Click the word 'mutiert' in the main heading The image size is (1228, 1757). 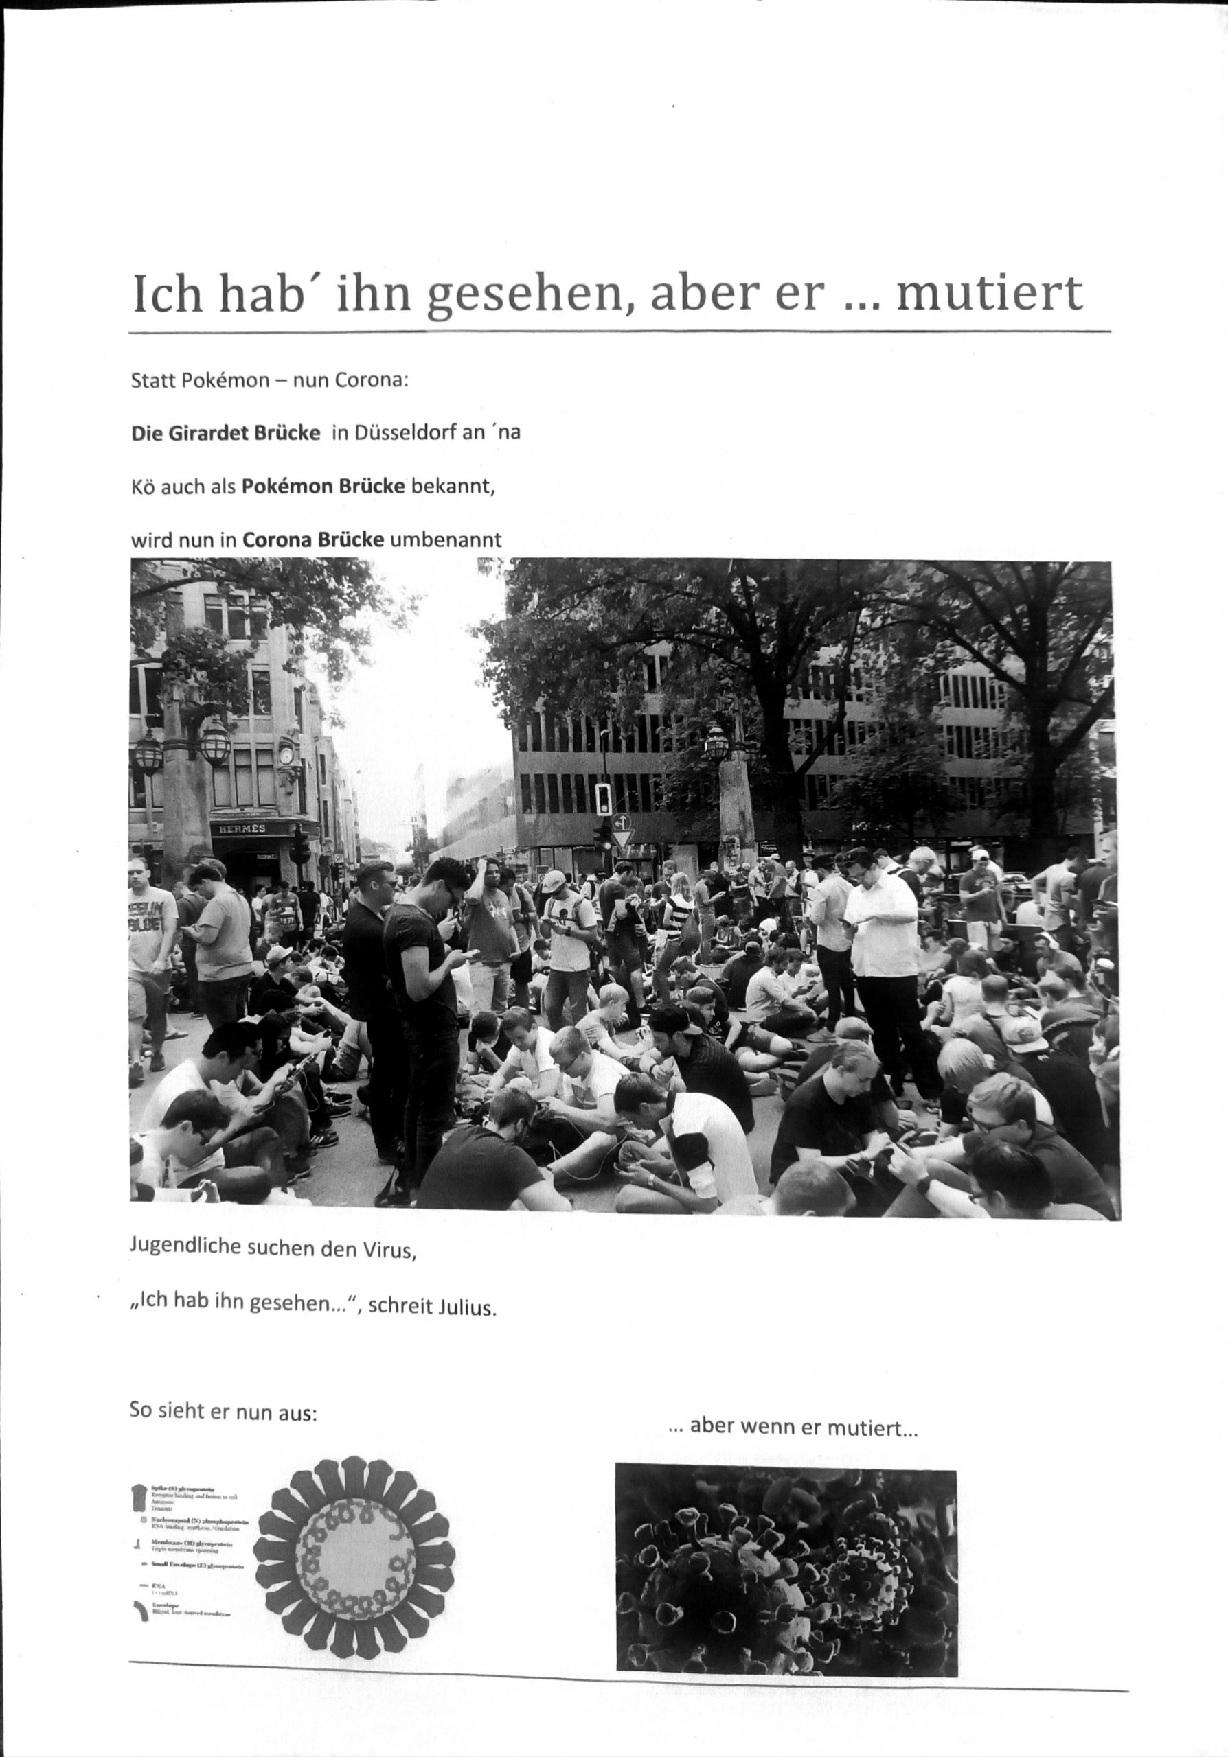989,293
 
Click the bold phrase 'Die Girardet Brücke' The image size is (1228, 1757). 226,432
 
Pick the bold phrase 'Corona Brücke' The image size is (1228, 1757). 313,539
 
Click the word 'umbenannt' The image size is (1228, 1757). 446,539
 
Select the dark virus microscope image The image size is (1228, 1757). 786,1569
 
